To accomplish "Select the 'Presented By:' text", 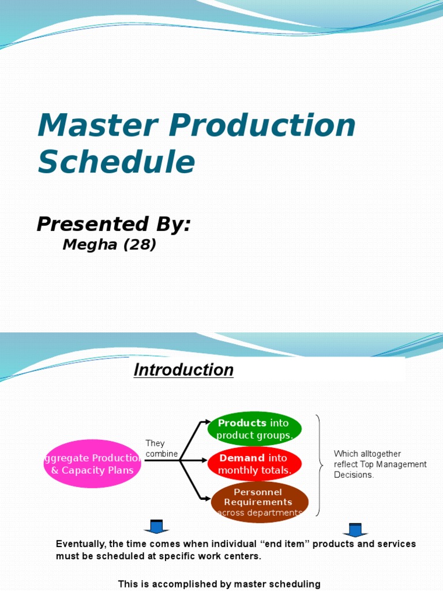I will point(114,225).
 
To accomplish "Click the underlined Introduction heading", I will point(183,370).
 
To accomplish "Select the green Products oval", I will point(254,429).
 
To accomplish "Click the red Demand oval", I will point(254,464).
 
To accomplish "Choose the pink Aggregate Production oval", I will point(92,464).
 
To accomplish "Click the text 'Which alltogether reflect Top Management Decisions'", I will point(380,464).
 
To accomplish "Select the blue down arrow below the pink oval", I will point(156,527).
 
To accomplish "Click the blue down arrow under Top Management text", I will point(355,529).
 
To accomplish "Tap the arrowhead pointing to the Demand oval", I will point(203,461).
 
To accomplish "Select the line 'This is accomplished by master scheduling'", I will point(219,584).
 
